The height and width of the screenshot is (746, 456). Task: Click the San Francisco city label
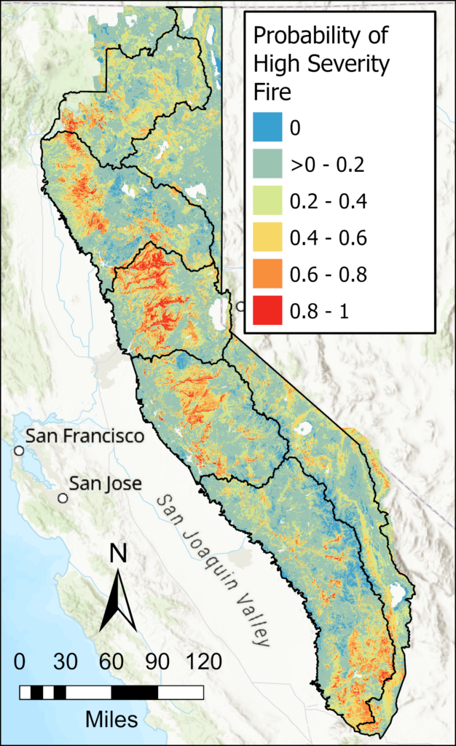coord(84,436)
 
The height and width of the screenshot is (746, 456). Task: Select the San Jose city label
coord(106,483)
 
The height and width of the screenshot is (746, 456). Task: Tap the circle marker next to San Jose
coord(63,498)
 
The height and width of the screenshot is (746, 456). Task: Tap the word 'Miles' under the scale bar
coord(111,720)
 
